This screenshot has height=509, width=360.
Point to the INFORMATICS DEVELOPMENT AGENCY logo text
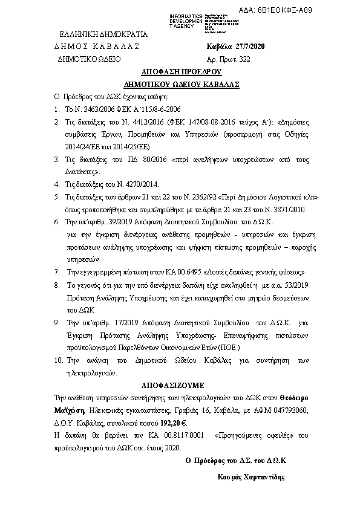coord(187,20)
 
